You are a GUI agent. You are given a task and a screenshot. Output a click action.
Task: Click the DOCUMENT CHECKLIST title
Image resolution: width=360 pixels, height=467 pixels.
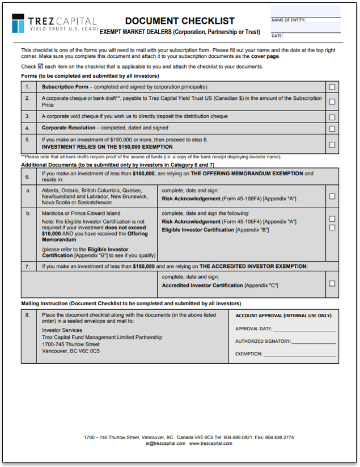[180, 21]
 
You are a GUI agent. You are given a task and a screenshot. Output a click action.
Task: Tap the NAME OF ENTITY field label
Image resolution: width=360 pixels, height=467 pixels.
[289, 20]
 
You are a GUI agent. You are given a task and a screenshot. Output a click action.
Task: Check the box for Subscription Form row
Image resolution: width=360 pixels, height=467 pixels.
[332, 87]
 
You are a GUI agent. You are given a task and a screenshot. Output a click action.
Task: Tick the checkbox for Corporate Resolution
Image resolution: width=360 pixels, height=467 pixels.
[332, 128]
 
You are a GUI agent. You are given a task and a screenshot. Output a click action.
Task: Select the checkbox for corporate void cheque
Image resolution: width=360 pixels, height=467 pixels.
[332, 117]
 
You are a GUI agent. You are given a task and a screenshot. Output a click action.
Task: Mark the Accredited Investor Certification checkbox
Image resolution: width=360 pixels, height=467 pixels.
[332, 283]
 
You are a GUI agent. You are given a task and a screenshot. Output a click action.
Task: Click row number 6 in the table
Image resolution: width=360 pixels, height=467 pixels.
[28, 176]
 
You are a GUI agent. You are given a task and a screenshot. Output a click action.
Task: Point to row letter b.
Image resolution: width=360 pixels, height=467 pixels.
[28, 214]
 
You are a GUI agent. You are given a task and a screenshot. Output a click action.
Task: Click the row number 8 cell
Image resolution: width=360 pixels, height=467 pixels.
[28, 315]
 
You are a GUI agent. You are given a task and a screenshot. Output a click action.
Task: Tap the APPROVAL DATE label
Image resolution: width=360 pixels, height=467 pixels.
[253, 329]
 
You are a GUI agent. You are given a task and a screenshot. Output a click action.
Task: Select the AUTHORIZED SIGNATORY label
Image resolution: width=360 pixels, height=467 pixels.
[263, 341]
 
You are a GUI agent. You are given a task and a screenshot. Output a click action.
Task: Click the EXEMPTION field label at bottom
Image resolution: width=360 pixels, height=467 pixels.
[249, 354]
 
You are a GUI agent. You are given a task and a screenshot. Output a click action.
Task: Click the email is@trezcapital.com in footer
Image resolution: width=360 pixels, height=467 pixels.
[165, 444]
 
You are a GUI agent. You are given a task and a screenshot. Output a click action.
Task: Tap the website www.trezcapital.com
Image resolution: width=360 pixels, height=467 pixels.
[210, 444]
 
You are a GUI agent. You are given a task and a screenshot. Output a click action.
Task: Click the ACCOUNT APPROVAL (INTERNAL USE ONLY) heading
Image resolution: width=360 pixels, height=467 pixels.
[283, 315]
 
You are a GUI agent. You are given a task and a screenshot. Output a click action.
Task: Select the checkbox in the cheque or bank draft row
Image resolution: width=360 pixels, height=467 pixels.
[332, 102]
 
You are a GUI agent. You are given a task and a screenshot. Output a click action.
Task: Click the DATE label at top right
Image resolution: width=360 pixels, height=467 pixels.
[277, 36]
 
